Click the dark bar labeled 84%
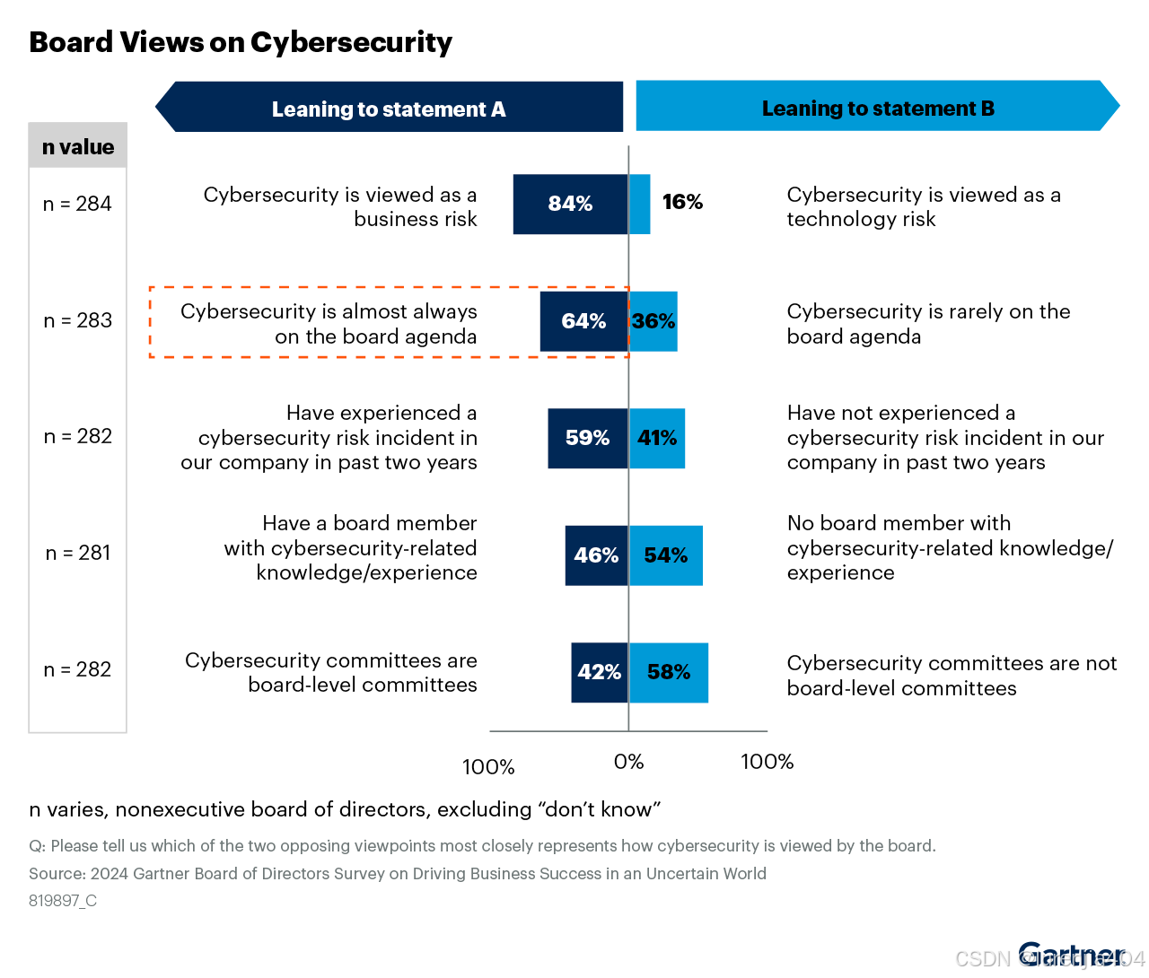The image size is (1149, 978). point(570,205)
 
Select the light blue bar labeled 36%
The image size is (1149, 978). point(653,321)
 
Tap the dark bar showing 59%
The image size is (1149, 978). point(588,438)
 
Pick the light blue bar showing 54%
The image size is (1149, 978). point(665,555)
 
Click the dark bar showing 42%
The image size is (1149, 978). point(600,672)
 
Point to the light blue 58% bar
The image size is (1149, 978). point(669,672)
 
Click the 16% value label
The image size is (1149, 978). point(682,202)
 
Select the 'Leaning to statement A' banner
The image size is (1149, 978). point(389,109)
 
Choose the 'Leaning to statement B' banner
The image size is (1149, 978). point(878,108)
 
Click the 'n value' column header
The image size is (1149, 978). point(78,147)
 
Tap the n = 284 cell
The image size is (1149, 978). point(78,204)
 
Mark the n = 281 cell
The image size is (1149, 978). point(78,553)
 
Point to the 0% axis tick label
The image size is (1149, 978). point(628,762)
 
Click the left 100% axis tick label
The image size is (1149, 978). point(488,767)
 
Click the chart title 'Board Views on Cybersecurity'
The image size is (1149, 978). point(241,42)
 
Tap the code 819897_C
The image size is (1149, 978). point(63,901)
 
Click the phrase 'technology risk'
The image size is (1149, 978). point(861,219)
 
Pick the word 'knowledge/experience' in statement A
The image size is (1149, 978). point(366,572)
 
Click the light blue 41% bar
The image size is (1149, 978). point(657,438)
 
